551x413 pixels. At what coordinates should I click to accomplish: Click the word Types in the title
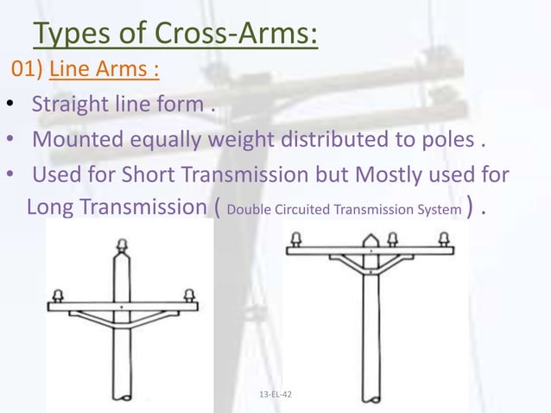(x=71, y=35)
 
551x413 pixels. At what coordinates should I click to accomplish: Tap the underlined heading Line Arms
(x=104, y=70)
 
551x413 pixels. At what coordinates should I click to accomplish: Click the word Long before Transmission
(x=52, y=207)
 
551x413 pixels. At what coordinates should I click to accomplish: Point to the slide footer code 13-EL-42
(x=275, y=395)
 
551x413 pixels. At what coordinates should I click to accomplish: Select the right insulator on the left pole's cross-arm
(x=188, y=295)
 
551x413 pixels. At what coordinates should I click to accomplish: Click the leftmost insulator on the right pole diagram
(x=295, y=238)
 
